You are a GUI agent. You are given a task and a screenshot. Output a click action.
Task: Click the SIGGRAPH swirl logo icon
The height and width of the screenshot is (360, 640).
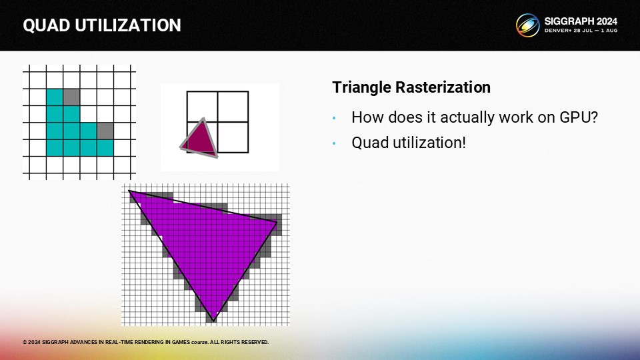pyautogui.click(x=527, y=25)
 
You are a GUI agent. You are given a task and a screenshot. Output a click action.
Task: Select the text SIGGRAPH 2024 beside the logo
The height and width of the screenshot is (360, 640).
pyautogui.click(x=581, y=21)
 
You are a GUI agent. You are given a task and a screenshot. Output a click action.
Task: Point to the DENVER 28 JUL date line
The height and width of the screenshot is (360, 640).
pyautogui.click(x=581, y=31)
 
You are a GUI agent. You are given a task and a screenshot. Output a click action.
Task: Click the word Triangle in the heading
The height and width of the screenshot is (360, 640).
pyautogui.click(x=361, y=87)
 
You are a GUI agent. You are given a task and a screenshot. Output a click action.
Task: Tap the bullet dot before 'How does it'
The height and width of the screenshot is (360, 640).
pyautogui.click(x=334, y=119)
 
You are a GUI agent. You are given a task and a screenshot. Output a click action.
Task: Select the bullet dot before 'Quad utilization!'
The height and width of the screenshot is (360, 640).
pyautogui.click(x=334, y=144)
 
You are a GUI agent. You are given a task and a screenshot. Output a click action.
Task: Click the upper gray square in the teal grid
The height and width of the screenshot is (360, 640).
pyautogui.click(x=71, y=97)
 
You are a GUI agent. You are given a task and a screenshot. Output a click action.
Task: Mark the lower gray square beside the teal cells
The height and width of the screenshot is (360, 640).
pyautogui.click(x=105, y=131)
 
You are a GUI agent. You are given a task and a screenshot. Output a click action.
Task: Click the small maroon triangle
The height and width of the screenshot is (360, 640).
pyautogui.click(x=200, y=139)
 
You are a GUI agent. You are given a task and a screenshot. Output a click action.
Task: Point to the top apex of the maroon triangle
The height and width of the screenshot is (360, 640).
pyautogui.click(x=203, y=119)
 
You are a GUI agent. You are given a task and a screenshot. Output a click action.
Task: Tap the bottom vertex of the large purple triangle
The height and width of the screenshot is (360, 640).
pyautogui.click(x=213, y=321)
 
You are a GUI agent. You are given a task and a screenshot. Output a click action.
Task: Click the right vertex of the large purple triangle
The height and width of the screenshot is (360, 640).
pyautogui.click(x=277, y=223)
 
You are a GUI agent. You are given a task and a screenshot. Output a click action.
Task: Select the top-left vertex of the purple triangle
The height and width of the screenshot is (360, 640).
pyautogui.click(x=129, y=191)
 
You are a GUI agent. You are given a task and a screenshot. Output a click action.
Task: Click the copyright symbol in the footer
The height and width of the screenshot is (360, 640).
pyautogui.click(x=25, y=342)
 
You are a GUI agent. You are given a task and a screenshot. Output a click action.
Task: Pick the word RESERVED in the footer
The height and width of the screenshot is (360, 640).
pyautogui.click(x=255, y=342)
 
